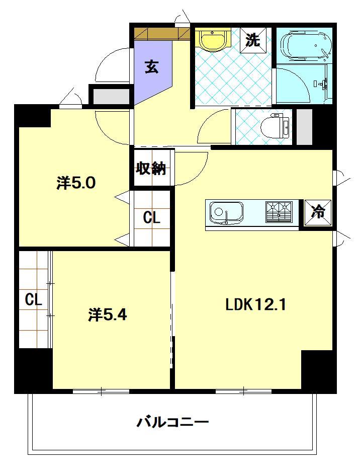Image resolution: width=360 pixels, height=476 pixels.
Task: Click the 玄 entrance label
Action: click(151, 66)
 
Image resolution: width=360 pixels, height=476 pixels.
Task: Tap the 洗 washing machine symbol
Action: click(252, 40)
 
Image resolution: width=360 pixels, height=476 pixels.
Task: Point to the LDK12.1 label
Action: click(255, 305)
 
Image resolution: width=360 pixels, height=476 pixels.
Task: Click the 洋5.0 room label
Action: click(75, 183)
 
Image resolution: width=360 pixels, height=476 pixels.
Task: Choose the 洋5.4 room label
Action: click(108, 315)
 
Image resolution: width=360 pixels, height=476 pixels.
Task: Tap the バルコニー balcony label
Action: click(172, 422)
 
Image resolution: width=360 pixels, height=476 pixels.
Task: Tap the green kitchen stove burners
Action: click(279, 211)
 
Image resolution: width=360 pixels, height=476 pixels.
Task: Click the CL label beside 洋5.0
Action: click(151, 218)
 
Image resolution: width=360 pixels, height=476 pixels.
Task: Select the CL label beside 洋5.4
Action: click(33, 300)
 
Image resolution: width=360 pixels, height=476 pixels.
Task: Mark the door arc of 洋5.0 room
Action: click(111, 128)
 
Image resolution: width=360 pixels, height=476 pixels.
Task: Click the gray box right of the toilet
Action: click(305, 126)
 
